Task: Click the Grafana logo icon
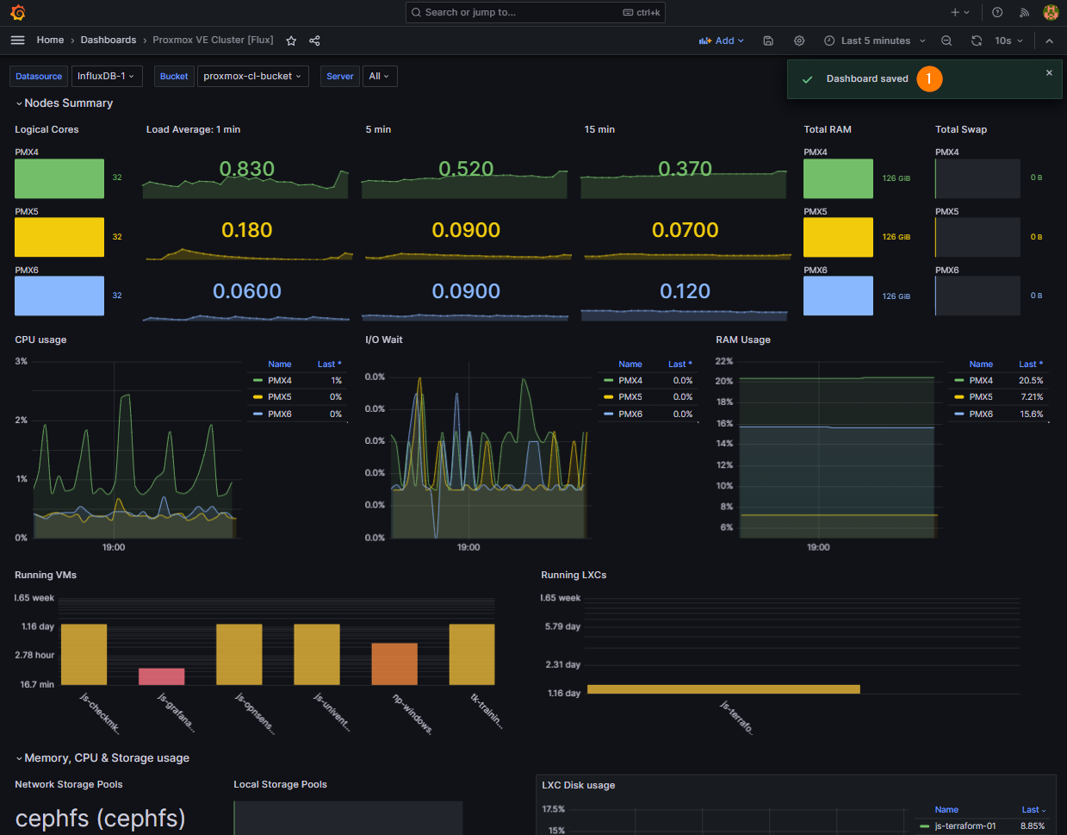tap(18, 12)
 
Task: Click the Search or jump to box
tap(535, 12)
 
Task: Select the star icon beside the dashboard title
tap(291, 41)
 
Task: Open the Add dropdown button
tap(721, 41)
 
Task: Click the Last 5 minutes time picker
tap(874, 41)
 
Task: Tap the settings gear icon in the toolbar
tap(799, 41)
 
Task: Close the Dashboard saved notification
tap(1049, 72)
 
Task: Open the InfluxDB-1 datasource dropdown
tap(107, 76)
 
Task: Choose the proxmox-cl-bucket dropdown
tap(253, 76)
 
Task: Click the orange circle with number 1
tap(929, 78)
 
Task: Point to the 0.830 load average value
tap(246, 169)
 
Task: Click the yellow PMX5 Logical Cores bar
tap(59, 237)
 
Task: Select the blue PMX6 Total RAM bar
tap(838, 296)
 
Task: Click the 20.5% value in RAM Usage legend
tap(1031, 381)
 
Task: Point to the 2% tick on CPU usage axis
tap(22, 420)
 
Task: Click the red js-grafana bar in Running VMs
tap(162, 676)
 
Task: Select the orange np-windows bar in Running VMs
tap(394, 664)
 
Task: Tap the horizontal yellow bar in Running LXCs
tap(723, 689)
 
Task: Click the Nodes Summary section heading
tap(68, 103)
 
